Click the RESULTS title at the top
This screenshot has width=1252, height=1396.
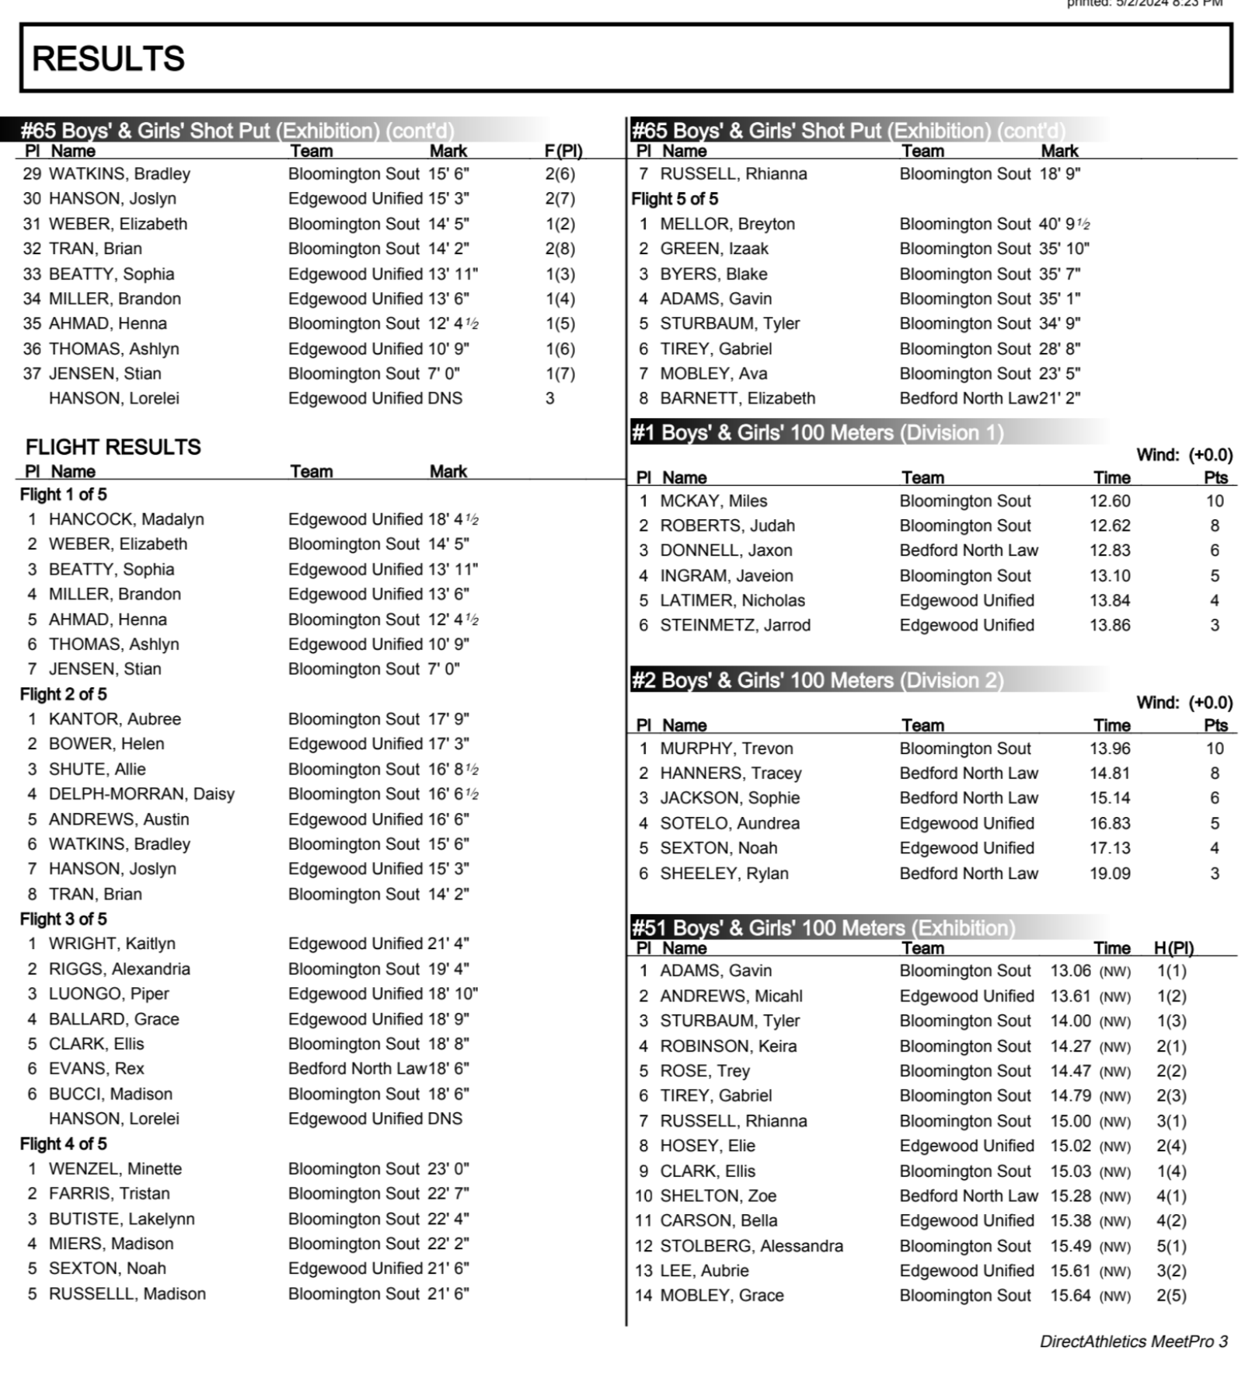point(108,59)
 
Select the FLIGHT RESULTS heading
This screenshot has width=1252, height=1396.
point(113,447)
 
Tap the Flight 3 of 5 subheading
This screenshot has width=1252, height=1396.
point(63,919)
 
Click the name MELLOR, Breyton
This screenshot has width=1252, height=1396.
point(727,224)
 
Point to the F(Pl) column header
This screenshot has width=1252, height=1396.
point(563,151)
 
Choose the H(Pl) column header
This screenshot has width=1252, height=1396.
point(1173,948)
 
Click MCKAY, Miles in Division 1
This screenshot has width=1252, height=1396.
point(713,501)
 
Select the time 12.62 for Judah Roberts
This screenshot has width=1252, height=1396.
point(1109,526)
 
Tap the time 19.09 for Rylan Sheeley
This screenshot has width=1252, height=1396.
point(1109,874)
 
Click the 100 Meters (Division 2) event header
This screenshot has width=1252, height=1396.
point(816,681)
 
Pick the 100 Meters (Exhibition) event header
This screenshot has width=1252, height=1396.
point(822,928)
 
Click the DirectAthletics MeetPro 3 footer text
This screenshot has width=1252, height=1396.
point(1133,1342)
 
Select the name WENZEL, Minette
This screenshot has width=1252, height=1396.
point(115,1169)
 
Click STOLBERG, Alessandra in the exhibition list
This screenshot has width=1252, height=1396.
point(751,1246)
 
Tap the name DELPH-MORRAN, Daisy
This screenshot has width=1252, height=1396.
point(141,794)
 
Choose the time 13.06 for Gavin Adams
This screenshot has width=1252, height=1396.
point(1070,971)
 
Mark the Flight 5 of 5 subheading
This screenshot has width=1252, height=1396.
point(674,199)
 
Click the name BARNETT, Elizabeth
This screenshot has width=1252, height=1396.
point(737,399)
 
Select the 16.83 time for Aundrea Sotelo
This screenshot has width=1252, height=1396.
point(1109,823)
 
